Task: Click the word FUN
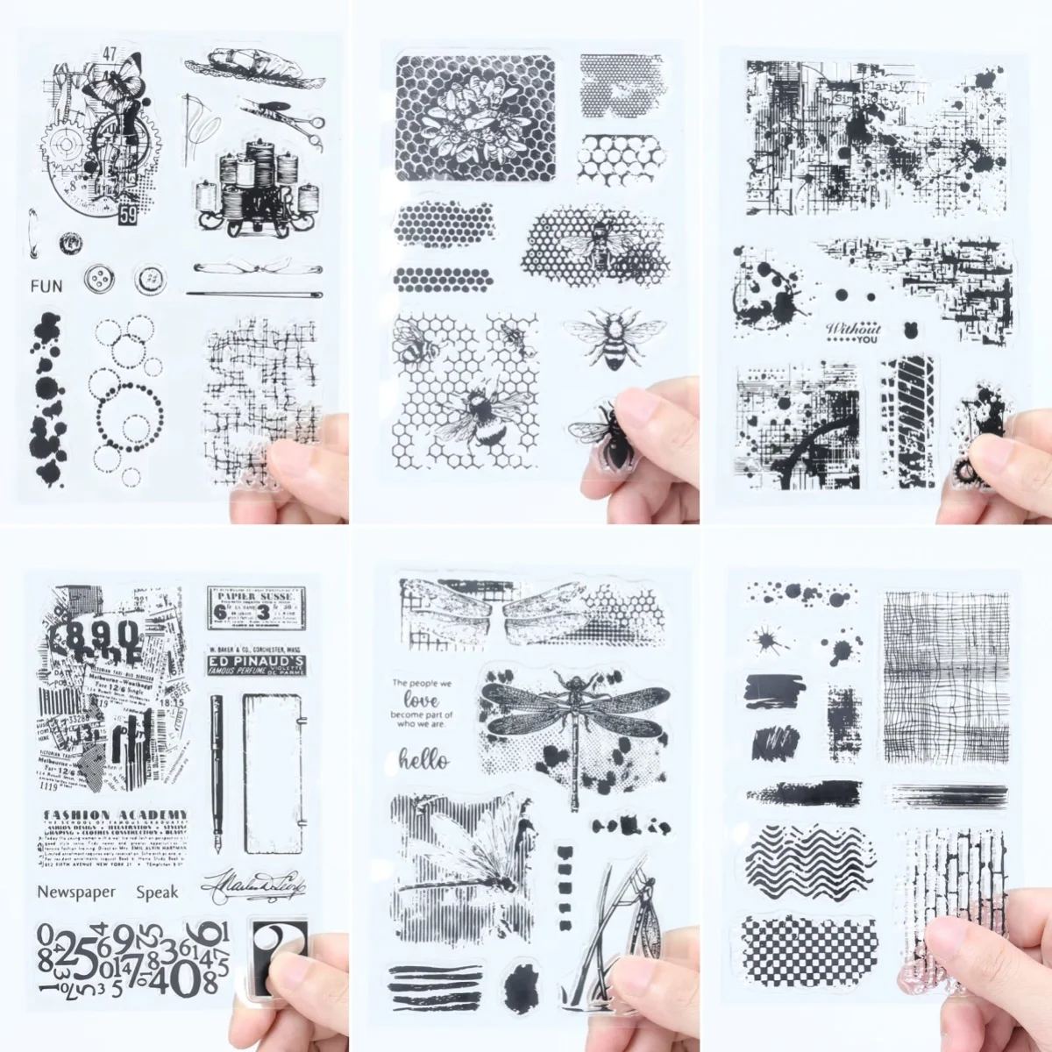(46, 285)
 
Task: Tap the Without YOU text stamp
(853, 332)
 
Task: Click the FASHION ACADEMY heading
(114, 814)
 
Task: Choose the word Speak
(157, 892)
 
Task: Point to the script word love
(422, 700)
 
